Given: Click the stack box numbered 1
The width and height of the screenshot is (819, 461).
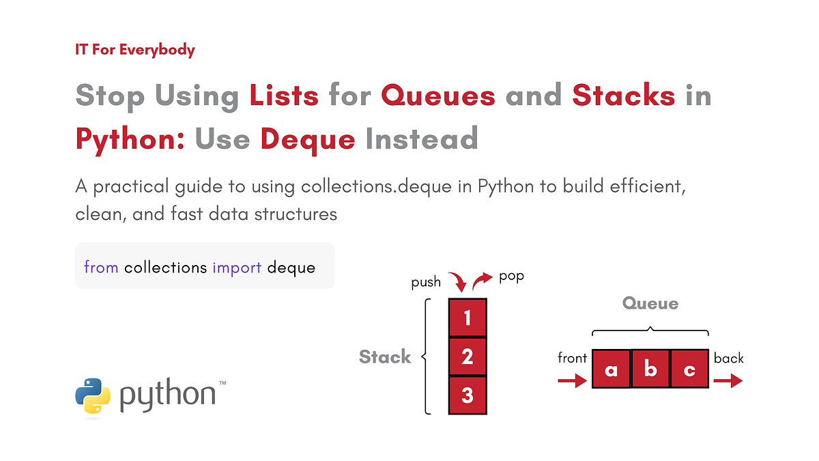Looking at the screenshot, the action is tap(468, 318).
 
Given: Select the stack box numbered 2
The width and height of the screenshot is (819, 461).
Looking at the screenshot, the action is tap(468, 357).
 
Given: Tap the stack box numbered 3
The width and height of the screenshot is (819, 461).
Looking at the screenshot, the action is tap(468, 395).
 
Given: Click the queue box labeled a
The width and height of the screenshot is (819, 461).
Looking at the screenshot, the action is tap(612, 369).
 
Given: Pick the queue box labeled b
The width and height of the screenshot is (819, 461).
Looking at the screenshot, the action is tap(650, 369).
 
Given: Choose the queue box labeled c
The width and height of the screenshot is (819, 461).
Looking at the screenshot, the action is tap(689, 369).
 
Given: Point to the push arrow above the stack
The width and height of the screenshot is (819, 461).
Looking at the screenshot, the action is tap(459, 281).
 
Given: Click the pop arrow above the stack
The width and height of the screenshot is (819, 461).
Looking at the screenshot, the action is tap(482, 280).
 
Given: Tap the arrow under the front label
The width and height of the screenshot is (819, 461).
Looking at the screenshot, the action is tap(572, 380).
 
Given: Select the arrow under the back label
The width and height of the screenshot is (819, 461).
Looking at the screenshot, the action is tap(728, 380).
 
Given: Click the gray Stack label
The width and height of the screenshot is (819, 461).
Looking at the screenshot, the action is tap(385, 357).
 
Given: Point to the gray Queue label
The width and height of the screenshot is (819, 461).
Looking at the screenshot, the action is tap(650, 304).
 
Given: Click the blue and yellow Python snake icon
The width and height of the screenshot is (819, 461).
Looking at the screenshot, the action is tap(93, 396).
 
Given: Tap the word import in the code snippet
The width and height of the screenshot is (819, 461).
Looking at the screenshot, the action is tap(237, 268).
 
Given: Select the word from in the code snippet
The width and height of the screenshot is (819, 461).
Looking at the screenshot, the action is tap(101, 267).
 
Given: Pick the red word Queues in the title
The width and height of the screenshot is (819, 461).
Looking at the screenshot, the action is tap(438, 95).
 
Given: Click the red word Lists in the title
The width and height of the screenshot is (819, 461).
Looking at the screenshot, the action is tap(284, 95).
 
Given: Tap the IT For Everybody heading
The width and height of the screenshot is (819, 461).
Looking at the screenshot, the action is tap(135, 50).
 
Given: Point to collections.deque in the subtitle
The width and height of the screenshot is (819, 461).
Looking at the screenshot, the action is tap(376, 187).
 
